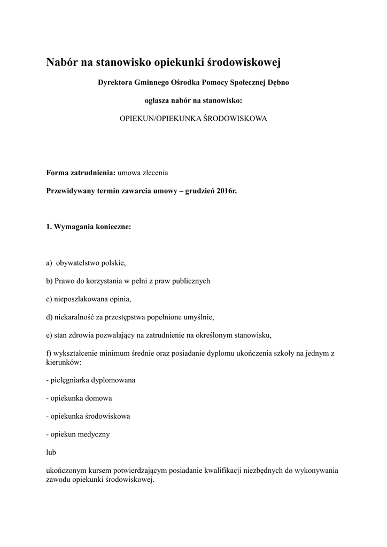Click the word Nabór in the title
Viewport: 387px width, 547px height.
(x=62, y=63)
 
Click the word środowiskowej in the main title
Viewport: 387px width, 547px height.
(x=243, y=63)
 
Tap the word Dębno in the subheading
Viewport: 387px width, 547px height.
(x=278, y=82)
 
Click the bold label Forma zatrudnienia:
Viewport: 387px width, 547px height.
(x=81, y=173)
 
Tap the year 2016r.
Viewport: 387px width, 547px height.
(x=227, y=191)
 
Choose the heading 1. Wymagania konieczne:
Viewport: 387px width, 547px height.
(x=88, y=226)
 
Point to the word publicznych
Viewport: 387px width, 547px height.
(x=191, y=281)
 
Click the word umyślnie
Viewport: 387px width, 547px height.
(x=197, y=317)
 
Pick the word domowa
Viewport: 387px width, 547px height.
(x=99, y=398)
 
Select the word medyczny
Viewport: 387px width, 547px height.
(x=95, y=434)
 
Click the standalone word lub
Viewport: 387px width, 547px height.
(x=51, y=452)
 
